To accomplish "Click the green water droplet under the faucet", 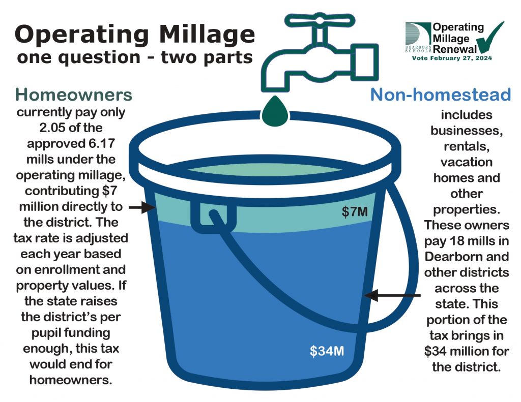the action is point(275,111).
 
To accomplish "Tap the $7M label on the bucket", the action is point(355,211).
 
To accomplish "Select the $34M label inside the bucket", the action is point(327,351).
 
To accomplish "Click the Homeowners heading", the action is point(73,95).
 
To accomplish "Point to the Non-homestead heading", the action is point(440,95).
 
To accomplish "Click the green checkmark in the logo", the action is point(489,38).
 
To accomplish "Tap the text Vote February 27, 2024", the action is point(452,58).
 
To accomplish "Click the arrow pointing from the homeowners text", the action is point(142,207).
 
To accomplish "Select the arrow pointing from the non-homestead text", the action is point(392,295).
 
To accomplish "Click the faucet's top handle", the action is point(320,20).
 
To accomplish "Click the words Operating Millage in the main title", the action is point(135,34).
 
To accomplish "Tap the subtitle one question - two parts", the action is point(135,57).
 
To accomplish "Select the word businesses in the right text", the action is point(467,131).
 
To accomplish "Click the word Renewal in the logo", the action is point(455,49).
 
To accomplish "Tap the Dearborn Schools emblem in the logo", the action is point(418,37).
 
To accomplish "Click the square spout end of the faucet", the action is point(364,63).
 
